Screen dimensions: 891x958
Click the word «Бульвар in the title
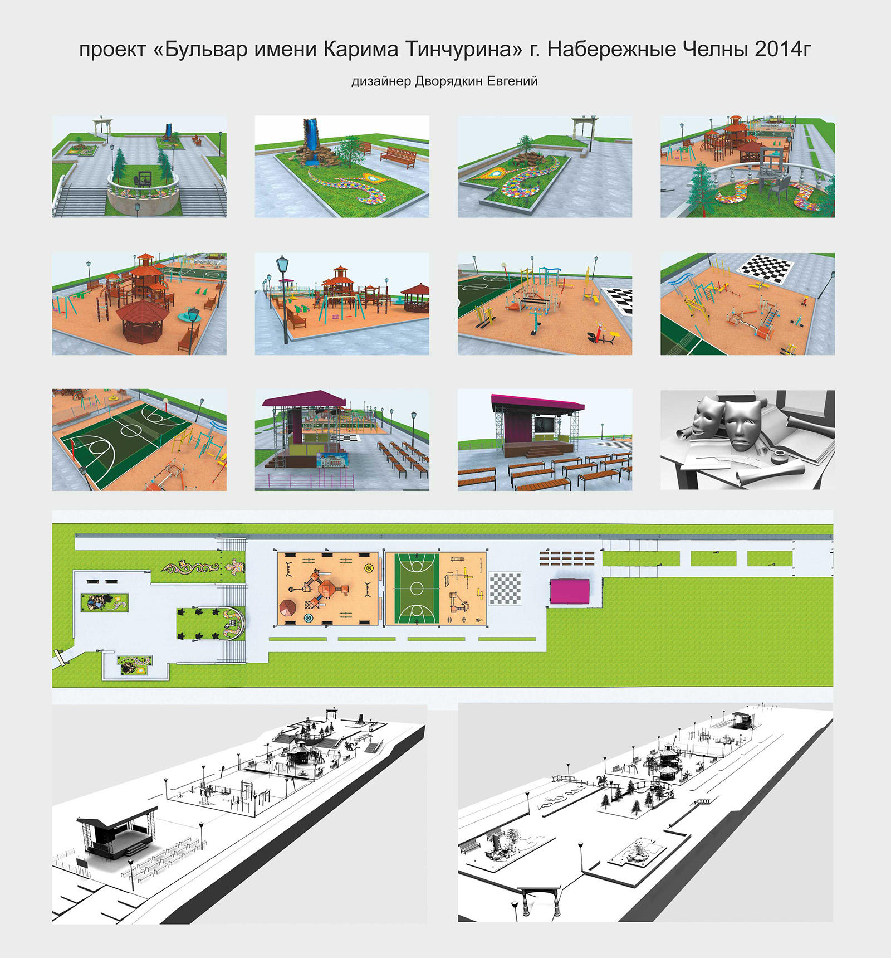tap(199, 50)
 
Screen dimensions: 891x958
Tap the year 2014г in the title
tap(783, 50)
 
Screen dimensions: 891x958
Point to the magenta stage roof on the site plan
tap(569, 591)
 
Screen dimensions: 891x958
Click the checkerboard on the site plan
tap(505, 589)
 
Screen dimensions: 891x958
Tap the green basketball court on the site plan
tap(416, 589)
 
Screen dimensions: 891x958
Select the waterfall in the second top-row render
tap(310, 141)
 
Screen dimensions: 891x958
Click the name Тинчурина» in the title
tap(463, 50)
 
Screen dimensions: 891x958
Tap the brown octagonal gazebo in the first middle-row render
tap(142, 320)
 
